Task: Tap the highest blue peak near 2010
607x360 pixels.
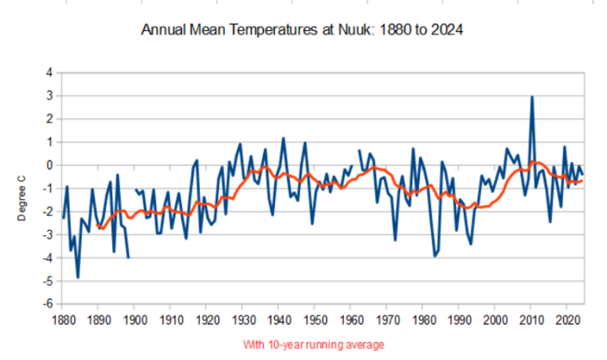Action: click(x=532, y=96)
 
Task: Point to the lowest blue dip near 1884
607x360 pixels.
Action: click(x=78, y=277)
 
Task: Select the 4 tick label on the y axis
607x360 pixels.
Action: click(x=50, y=73)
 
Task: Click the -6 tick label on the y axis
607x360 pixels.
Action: click(x=47, y=304)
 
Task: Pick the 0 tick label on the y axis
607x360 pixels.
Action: click(x=50, y=165)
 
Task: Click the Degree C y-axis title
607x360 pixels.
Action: click(x=22, y=198)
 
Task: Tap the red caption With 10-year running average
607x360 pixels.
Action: click(x=314, y=345)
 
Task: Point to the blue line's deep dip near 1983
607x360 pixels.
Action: click(x=435, y=256)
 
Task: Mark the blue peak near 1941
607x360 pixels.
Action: click(x=283, y=137)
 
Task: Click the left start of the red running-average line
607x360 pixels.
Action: click(x=97, y=225)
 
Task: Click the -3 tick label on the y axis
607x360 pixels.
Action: click(x=47, y=234)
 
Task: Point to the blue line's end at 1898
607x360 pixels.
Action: click(x=128, y=257)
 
